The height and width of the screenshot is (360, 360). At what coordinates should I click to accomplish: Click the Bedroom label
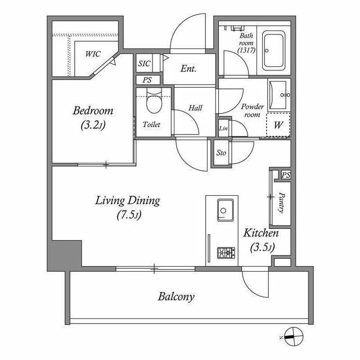(x=93, y=111)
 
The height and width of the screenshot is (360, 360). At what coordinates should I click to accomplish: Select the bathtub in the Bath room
(x=273, y=51)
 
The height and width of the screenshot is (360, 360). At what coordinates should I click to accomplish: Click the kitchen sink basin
(x=225, y=210)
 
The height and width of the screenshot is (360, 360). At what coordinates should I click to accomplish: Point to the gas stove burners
(x=226, y=253)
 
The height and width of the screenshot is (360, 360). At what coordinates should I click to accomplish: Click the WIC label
(x=93, y=54)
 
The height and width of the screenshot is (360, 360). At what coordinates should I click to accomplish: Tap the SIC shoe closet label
(x=145, y=64)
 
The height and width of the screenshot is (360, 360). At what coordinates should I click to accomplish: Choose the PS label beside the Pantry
(x=286, y=175)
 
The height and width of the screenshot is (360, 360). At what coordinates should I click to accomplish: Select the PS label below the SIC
(x=147, y=80)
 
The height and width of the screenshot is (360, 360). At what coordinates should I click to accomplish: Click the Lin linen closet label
(x=223, y=128)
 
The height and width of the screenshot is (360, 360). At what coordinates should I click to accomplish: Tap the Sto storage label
(x=221, y=152)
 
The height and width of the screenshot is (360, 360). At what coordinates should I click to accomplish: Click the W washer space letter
(x=278, y=125)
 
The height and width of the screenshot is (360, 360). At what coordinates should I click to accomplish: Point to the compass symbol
(x=294, y=336)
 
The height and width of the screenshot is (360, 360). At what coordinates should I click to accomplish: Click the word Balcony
(x=176, y=296)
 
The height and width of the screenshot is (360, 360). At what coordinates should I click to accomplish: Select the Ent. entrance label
(x=188, y=69)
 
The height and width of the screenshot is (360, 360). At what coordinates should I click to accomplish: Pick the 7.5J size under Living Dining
(x=129, y=215)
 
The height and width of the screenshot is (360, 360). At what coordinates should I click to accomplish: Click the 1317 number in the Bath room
(x=246, y=50)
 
